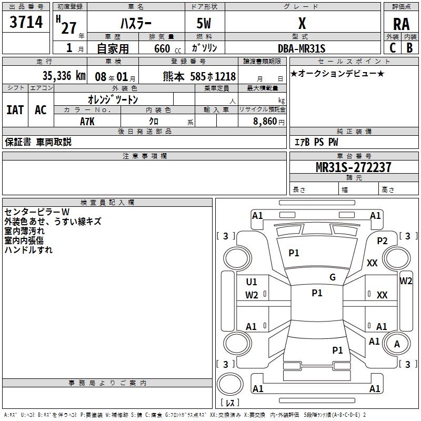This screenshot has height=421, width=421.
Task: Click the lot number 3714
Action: (x=26, y=22)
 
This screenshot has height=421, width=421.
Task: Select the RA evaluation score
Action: (x=401, y=24)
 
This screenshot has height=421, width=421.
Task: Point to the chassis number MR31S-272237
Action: (x=353, y=167)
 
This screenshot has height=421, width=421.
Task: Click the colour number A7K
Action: (x=87, y=121)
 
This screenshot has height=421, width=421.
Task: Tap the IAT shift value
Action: (x=15, y=110)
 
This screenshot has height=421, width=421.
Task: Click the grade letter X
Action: (x=302, y=24)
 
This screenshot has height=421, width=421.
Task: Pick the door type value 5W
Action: (x=205, y=24)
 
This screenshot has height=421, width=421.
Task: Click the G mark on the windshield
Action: (x=333, y=277)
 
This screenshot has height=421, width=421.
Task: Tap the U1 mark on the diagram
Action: (x=252, y=282)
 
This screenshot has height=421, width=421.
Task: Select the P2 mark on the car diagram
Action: (x=382, y=240)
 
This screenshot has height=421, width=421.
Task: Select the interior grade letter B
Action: (x=409, y=47)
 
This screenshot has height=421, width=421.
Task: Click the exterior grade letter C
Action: (x=392, y=47)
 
